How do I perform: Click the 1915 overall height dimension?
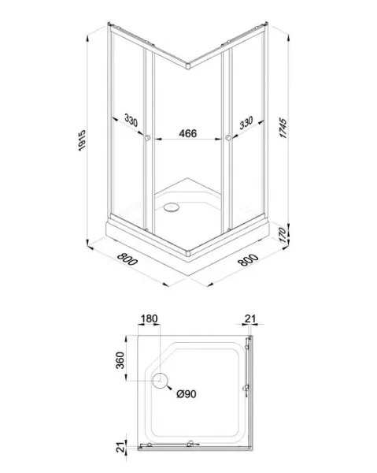[x=82, y=140]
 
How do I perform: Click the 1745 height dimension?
[x=283, y=128]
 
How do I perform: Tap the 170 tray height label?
[x=283, y=235]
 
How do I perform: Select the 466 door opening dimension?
[x=188, y=133]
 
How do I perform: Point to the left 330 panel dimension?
[x=131, y=120]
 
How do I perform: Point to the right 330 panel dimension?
[x=246, y=123]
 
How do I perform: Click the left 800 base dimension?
[x=128, y=259]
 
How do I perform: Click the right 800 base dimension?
[x=248, y=259]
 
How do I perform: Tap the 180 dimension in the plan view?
[x=149, y=318]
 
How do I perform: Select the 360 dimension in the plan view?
[x=120, y=360]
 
